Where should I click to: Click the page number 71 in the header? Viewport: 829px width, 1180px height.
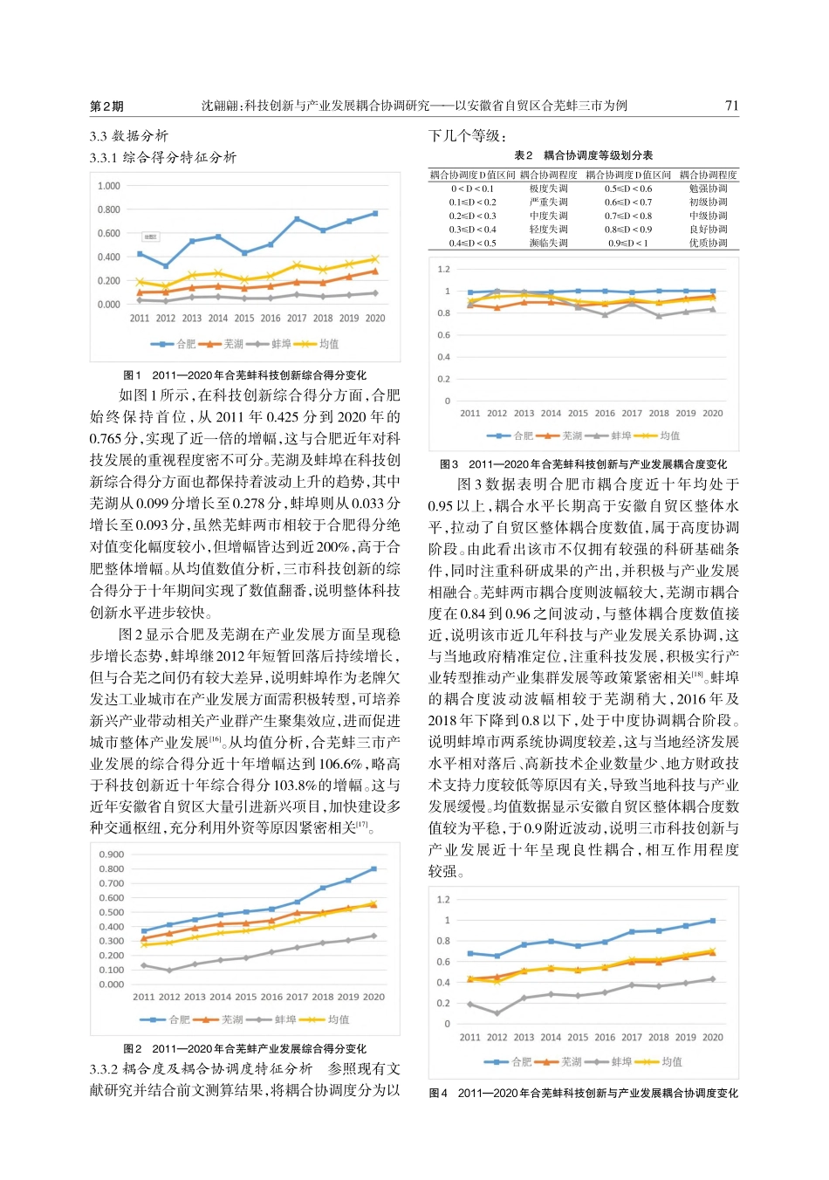coord(731,106)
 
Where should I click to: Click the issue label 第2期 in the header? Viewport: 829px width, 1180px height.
coord(106,106)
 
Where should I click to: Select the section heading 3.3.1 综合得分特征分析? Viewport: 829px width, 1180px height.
coord(163,157)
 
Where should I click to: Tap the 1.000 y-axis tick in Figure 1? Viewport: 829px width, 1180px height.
coord(109,186)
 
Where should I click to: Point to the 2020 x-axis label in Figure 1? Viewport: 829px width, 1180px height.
coord(375,319)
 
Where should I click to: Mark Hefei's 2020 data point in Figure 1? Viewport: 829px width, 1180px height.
coord(375,213)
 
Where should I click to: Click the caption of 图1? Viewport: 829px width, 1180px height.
coord(245,375)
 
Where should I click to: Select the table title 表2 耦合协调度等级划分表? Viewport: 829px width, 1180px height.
coord(583,155)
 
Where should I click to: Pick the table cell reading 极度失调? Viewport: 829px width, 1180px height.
coord(548,189)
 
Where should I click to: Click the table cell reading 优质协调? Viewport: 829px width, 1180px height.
coord(708,244)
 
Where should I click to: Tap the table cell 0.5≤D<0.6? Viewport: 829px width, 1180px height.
coord(627,189)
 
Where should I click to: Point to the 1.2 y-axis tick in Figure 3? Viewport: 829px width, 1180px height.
coord(444,269)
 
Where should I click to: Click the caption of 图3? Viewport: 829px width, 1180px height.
coord(583,464)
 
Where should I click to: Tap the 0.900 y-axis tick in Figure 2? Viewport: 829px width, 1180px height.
coord(112,854)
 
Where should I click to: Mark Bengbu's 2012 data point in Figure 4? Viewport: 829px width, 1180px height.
coord(497,1013)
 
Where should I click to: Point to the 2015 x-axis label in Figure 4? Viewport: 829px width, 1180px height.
coord(578,1038)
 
